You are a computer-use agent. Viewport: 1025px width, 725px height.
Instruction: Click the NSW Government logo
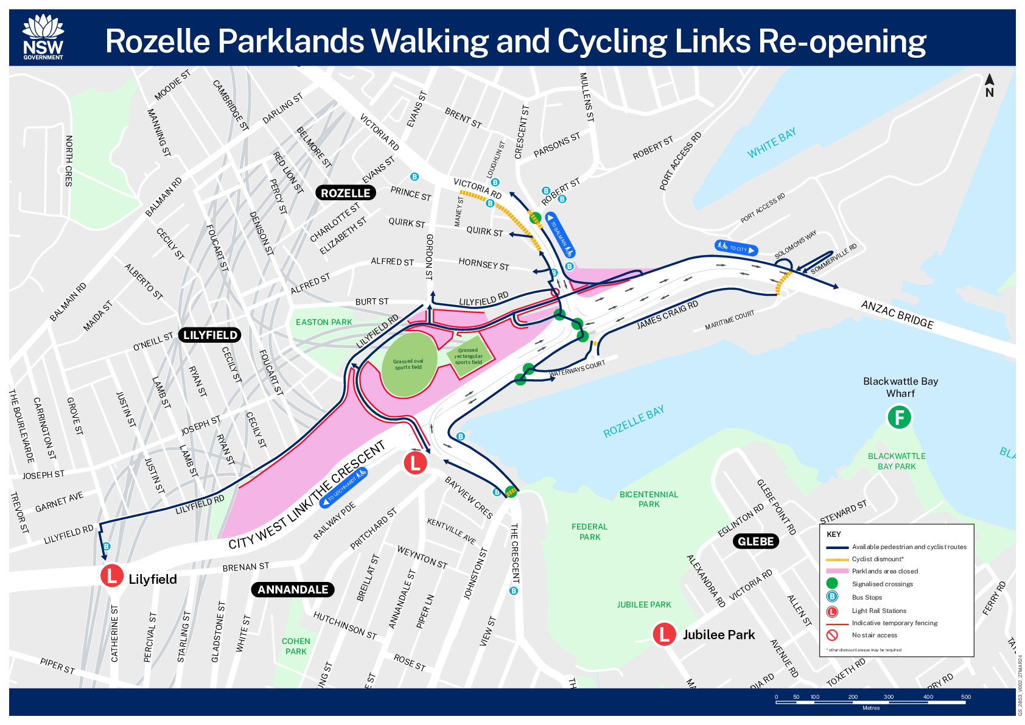(x=43, y=38)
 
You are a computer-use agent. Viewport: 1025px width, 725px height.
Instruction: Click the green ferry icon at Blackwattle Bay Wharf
(x=899, y=418)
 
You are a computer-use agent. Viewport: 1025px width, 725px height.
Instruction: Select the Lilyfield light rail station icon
(x=112, y=575)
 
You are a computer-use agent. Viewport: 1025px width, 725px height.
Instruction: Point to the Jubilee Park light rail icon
(x=664, y=634)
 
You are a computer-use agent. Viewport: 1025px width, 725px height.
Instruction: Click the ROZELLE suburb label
(x=345, y=193)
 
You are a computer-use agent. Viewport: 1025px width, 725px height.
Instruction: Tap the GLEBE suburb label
(x=755, y=541)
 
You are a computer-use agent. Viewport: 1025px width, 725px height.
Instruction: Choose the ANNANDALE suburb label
(x=293, y=589)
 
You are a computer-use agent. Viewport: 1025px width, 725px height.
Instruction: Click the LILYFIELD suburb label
(x=210, y=335)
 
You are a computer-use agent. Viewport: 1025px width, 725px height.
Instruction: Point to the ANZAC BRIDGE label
(x=897, y=314)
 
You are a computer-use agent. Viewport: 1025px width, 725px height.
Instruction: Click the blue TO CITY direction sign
(x=736, y=248)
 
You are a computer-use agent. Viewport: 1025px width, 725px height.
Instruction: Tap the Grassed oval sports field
(x=408, y=364)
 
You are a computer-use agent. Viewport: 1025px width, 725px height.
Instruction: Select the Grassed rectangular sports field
(x=468, y=356)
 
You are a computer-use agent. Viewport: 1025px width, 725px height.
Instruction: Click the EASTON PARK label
(x=324, y=322)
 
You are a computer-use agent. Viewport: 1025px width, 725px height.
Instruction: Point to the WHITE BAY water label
(x=771, y=143)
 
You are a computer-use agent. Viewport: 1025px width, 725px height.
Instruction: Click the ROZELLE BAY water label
(x=633, y=421)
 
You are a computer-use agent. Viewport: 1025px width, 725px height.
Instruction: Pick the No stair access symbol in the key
(x=832, y=635)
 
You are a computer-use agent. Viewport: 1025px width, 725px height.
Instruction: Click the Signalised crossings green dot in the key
(x=832, y=584)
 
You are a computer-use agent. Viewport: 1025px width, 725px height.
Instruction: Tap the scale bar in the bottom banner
(x=870, y=702)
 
